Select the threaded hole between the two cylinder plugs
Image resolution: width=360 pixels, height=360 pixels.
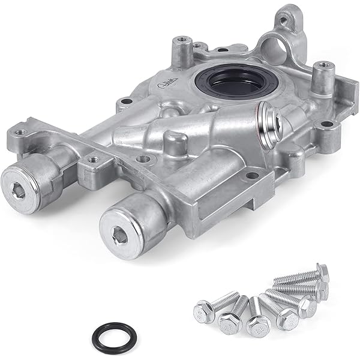(92, 160)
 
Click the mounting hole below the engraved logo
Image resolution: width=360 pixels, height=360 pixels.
(124, 102)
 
